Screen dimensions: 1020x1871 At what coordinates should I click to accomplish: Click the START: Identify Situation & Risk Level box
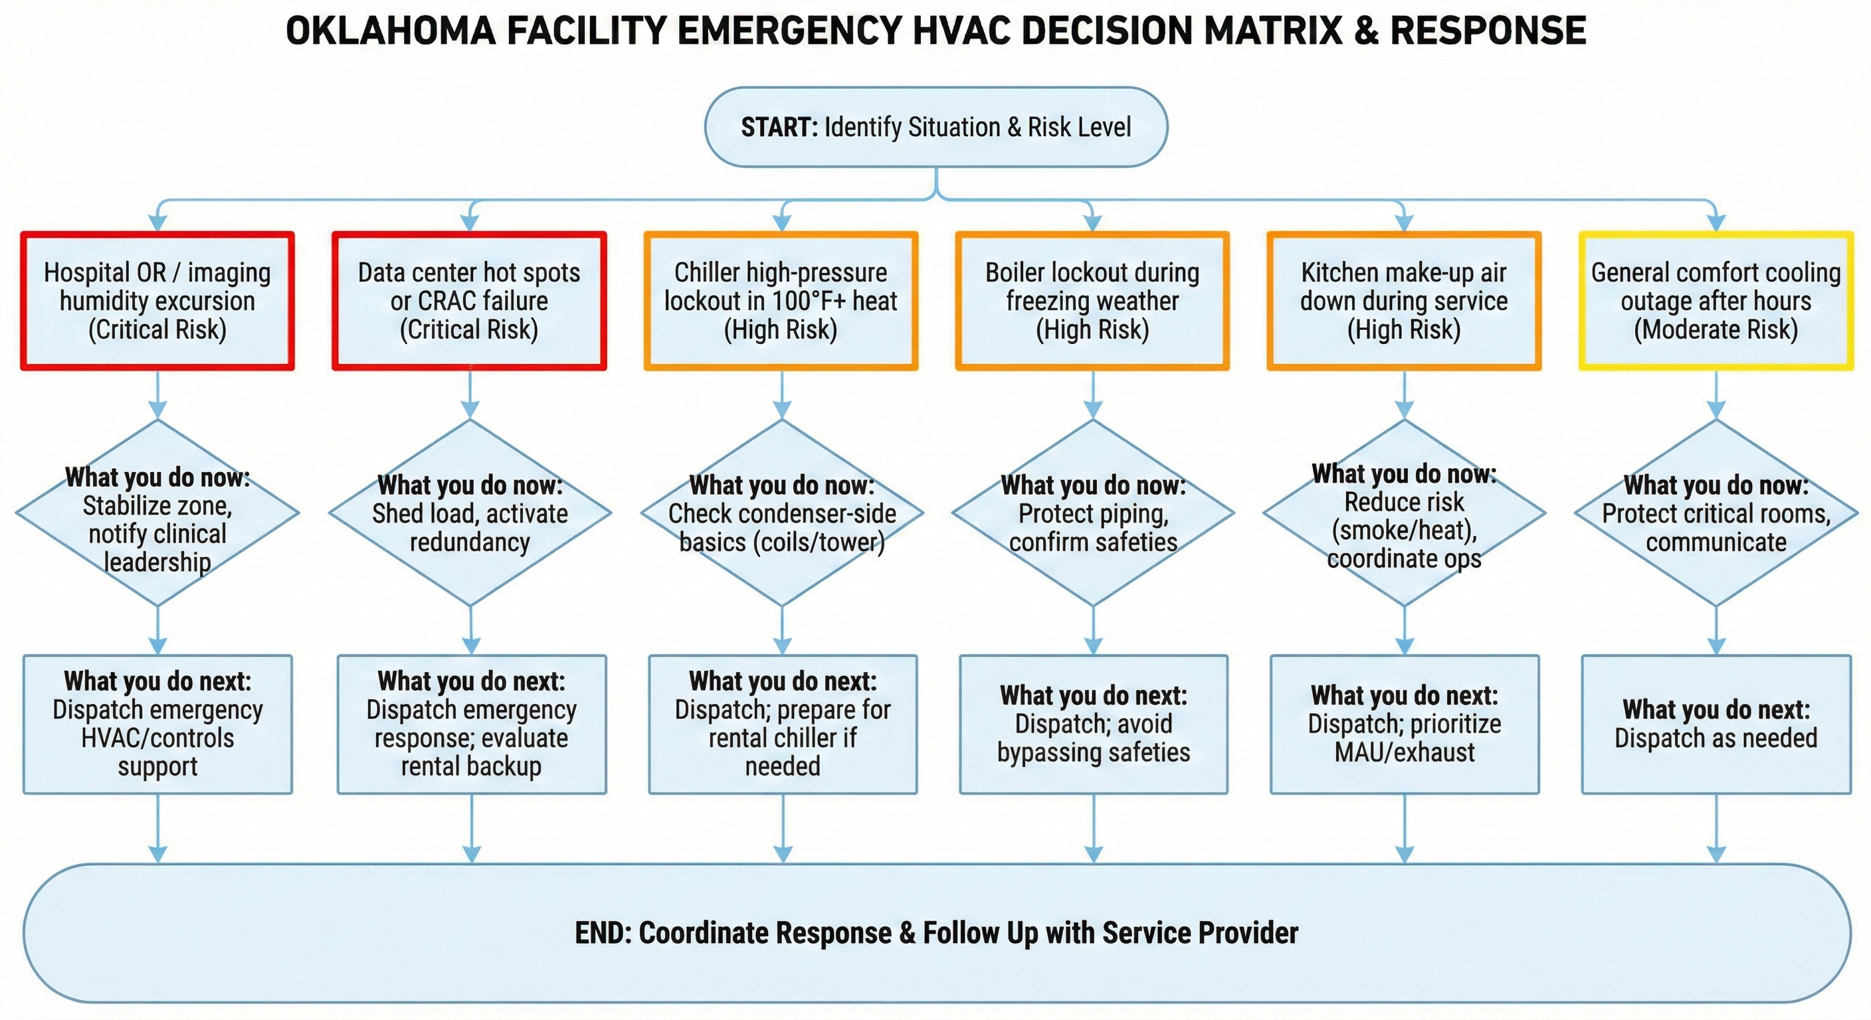[935, 127]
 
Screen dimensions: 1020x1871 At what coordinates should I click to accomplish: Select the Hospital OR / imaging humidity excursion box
[157, 301]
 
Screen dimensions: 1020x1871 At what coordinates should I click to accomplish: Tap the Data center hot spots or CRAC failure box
[469, 301]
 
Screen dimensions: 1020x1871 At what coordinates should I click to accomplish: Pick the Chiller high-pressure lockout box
[781, 301]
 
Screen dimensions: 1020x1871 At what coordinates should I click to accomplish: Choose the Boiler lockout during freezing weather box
[1092, 301]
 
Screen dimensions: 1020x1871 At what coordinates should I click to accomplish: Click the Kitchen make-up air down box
[1404, 301]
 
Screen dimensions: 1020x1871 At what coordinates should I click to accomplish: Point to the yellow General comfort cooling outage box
[1716, 301]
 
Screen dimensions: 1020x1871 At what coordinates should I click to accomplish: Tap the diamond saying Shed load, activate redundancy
[470, 513]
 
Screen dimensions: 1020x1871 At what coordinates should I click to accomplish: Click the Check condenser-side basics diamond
[782, 513]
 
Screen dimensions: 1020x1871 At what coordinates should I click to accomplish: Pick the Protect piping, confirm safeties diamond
[1093, 513]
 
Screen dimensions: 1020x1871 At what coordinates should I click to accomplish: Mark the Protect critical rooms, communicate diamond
[1716, 513]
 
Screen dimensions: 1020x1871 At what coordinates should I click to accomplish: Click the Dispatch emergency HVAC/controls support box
[157, 724]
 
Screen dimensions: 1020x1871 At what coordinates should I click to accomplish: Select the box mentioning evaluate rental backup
[471, 724]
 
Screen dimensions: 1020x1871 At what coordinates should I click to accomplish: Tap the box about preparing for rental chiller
[783, 724]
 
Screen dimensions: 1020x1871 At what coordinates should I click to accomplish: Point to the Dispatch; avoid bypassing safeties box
[1093, 724]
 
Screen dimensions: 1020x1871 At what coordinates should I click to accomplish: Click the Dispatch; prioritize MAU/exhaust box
[1405, 724]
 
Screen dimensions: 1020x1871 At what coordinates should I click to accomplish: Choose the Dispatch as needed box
[1716, 724]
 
